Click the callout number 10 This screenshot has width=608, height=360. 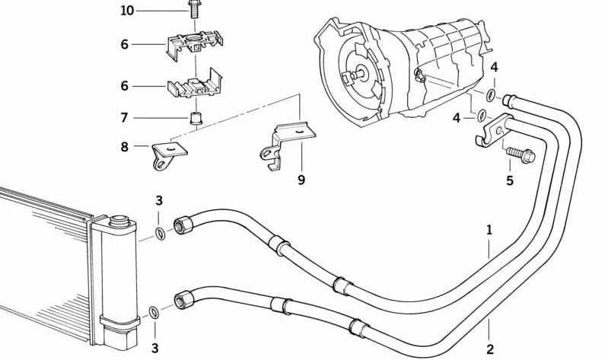126,11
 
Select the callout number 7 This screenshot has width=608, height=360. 125,118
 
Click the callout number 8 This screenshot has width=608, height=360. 125,147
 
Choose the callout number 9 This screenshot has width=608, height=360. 301,180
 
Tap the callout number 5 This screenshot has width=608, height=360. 510,180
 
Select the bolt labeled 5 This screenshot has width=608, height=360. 520,155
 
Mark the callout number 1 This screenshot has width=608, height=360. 490,229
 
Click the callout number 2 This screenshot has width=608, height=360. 490,349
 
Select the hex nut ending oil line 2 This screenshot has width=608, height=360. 182,300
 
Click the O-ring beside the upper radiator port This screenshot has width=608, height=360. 159,231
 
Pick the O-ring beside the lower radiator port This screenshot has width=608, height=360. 153,311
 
